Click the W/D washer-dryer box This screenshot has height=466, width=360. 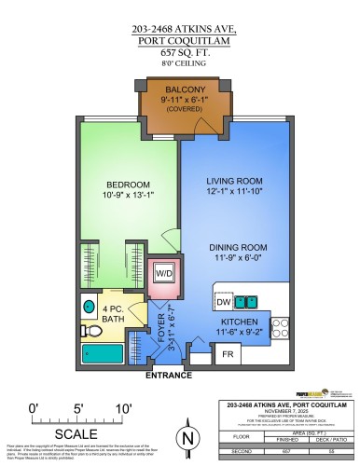point(164,273)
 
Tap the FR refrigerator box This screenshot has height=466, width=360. point(226,353)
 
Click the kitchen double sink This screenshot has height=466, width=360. point(247,301)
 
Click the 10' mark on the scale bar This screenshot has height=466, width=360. point(122,406)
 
